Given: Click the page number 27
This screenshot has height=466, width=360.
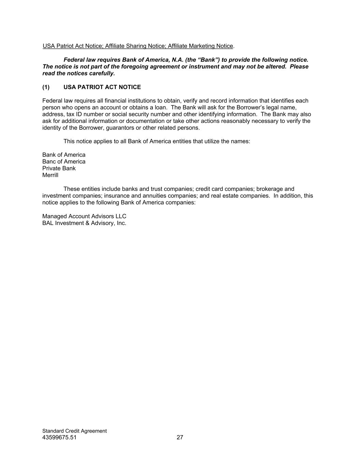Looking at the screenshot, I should tap(180, 437).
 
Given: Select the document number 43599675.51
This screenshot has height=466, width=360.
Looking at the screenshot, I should tap(59, 437).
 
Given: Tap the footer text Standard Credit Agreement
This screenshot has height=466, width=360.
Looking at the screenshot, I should tap(74, 431).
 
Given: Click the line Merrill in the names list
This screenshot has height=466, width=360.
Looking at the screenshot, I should tap(50, 175).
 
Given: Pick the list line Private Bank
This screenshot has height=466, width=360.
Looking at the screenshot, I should tap(59, 168).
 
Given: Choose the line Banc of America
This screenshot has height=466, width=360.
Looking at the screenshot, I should tap(64, 161).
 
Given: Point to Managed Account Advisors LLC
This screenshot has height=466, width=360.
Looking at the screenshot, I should tap(84, 216).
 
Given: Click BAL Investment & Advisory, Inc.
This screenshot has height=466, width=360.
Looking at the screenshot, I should tap(84, 223).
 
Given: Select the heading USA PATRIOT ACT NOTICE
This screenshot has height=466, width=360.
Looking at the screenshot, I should tap(102, 87).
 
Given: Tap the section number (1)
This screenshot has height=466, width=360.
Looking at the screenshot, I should tap(46, 87).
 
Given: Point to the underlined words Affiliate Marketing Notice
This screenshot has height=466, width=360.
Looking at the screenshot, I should tap(200, 46).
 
